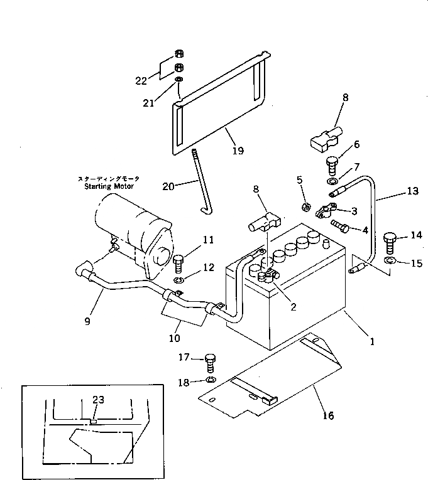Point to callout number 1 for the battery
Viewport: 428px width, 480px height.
click(x=372, y=342)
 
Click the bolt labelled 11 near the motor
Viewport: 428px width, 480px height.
click(x=178, y=261)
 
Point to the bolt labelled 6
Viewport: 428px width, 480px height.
click(x=331, y=165)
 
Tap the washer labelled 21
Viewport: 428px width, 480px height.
click(x=179, y=80)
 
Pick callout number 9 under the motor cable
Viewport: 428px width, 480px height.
click(x=87, y=321)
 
